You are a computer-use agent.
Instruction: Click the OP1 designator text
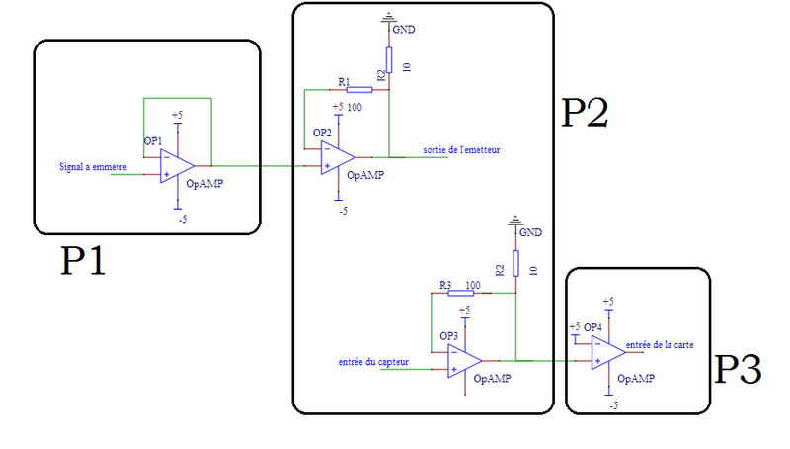pyautogui.click(x=153, y=140)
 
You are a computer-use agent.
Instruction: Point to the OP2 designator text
pyautogui.click(x=322, y=133)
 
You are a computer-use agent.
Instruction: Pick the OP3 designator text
pyautogui.click(x=449, y=335)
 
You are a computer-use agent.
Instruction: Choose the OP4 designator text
pyautogui.click(x=592, y=327)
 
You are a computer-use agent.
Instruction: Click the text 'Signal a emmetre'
pyautogui.click(x=93, y=168)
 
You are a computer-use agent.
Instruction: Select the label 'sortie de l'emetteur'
pyautogui.click(x=461, y=149)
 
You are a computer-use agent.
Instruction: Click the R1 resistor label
pyautogui.click(x=343, y=81)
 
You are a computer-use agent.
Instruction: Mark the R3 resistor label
pyautogui.click(x=446, y=286)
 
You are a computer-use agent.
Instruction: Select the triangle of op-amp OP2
pyautogui.click(x=337, y=157)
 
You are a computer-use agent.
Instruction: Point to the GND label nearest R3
pyautogui.click(x=530, y=232)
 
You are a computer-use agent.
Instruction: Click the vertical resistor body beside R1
pyautogui.click(x=389, y=60)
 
